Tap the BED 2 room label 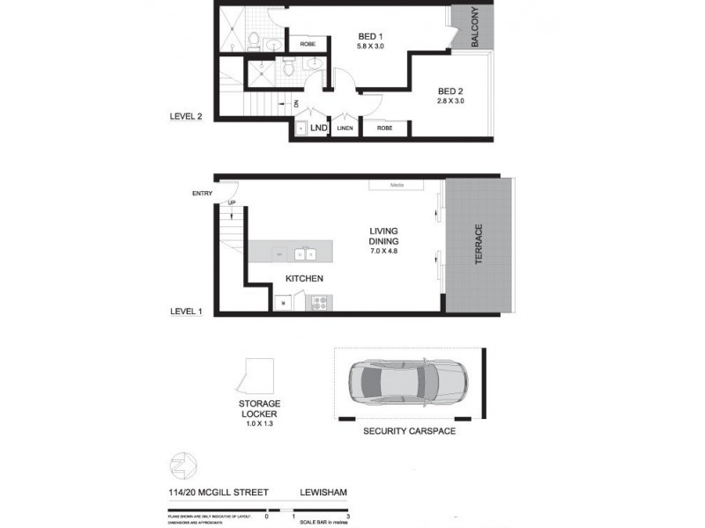click(450, 91)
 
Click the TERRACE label click(479, 244)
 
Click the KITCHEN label click(304, 279)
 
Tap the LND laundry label click(319, 128)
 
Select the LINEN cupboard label click(345, 128)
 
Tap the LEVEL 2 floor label click(186, 116)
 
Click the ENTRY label click(203, 194)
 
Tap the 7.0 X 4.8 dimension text click(384, 251)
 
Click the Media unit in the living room click(397, 186)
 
